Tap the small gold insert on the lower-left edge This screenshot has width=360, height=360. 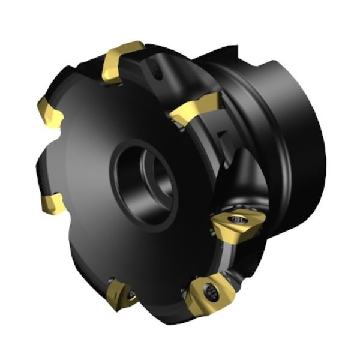[53, 204]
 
